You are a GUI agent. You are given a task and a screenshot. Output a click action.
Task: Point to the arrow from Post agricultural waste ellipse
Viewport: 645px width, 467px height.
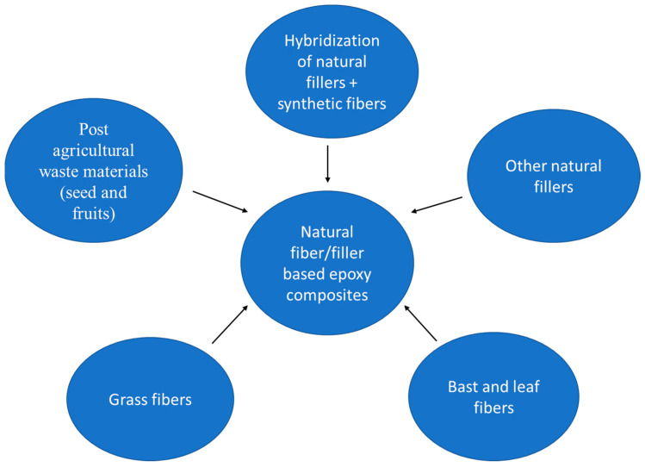coord(221,200)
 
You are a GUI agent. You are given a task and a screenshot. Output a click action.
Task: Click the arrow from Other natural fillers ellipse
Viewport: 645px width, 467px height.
coord(437,204)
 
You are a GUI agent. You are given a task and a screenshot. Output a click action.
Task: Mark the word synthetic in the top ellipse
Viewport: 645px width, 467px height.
coord(310,104)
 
